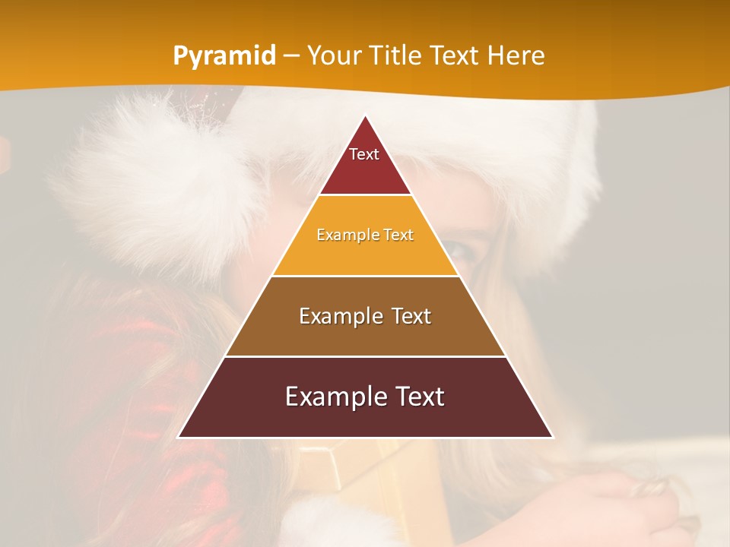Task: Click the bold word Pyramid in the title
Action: click(x=224, y=55)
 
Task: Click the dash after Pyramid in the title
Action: click(x=291, y=56)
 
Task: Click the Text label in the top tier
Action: click(x=364, y=154)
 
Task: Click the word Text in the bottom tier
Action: click(x=417, y=397)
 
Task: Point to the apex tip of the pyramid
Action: click(x=366, y=116)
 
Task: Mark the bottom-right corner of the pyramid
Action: click(x=552, y=437)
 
